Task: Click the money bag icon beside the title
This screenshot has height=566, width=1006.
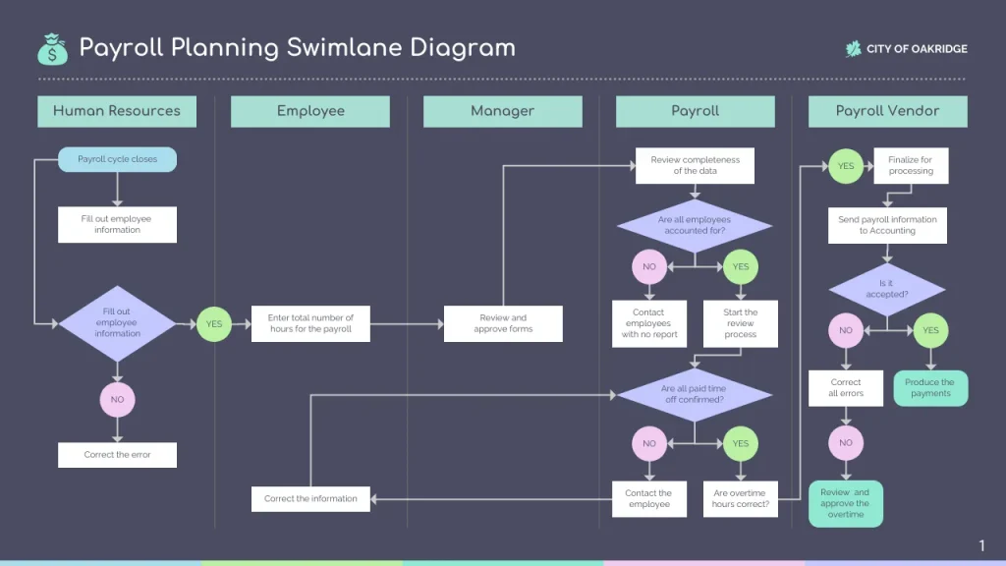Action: point(52,48)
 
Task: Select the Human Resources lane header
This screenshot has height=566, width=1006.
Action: point(117,111)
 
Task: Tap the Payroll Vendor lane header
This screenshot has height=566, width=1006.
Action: point(887,111)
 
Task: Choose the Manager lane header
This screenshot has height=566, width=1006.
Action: point(502,111)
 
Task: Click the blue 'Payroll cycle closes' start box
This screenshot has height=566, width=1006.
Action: point(117,159)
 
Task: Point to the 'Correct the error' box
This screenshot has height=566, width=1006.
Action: point(117,455)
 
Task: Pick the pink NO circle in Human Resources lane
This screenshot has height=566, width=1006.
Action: point(117,400)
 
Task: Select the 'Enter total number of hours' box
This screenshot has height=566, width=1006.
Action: point(310,323)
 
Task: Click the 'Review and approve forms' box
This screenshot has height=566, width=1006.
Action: point(503,323)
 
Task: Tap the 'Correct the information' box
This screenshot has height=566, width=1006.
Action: point(310,498)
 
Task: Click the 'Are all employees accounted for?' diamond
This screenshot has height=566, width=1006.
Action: point(694,226)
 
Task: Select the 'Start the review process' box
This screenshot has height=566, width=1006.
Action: point(740,323)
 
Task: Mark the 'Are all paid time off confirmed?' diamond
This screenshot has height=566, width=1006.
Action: point(694,394)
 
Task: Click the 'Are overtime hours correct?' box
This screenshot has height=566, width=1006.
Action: point(740,498)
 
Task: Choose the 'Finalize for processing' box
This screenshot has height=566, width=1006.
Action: point(910,165)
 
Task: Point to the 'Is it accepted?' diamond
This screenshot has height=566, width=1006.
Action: point(886,290)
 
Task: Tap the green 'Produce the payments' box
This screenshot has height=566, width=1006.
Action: point(929,387)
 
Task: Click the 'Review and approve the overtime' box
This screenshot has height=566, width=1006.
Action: point(845,503)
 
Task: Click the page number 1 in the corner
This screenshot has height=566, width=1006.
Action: point(981,545)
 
